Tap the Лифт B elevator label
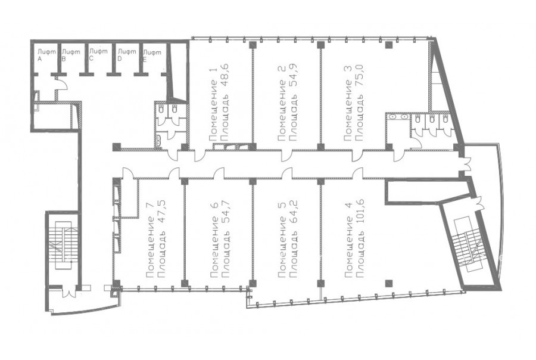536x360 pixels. [x=71, y=55]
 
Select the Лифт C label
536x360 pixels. [x=98, y=54]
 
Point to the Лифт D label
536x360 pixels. [x=127, y=55]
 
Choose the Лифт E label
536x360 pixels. [x=152, y=55]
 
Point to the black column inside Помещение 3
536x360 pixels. [x=389, y=45]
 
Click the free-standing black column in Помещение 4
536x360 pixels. [x=389, y=283]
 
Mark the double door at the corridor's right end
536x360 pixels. [x=467, y=162]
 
